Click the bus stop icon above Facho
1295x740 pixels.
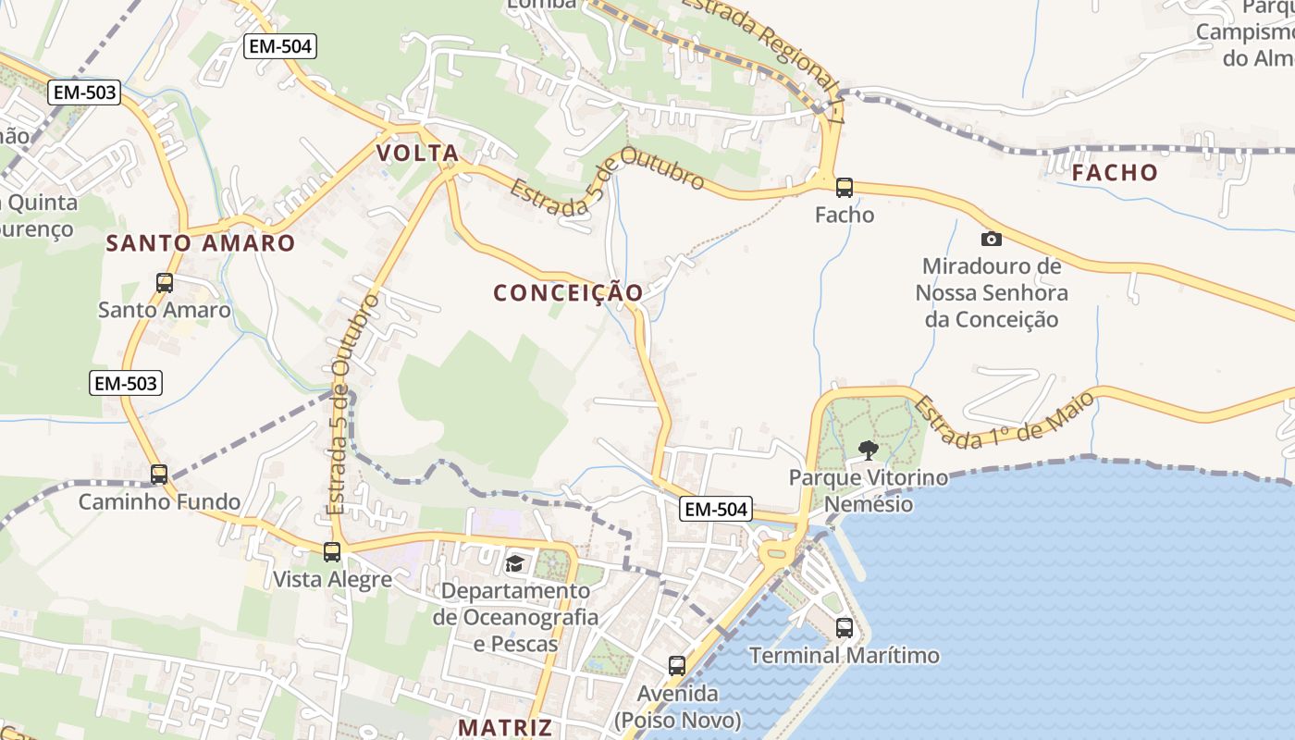pyautogui.click(x=844, y=188)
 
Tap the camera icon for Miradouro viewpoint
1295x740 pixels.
pyautogui.click(x=991, y=239)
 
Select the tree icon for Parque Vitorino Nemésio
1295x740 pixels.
pyautogui.click(x=868, y=450)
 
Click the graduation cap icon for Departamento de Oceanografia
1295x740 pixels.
pyautogui.click(x=514, y=562)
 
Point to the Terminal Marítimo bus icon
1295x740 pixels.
pyautogui.click(x=844, y=628)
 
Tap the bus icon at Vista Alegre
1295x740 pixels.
pyautogui.click(x=332, y=552)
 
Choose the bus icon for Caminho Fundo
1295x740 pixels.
pyautogui.click(x=159, y=475)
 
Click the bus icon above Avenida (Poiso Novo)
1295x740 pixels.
pyautogui.click(x=677, y=665)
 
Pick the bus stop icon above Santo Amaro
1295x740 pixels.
pyautogui.click(x=165, y=283)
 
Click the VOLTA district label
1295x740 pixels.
pyautogui.click(x=417, y=154)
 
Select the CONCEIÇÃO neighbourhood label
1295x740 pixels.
pyautogui.click(x=568, y=293)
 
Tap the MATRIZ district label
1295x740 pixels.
pyautogui.click(x=505, y=727)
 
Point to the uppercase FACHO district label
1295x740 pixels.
pyautogui.click(x=1115, y=173)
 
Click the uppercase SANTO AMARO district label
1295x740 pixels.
pyautogui.click(x=201, y=243)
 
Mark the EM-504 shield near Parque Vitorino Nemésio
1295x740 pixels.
pyautogui.click(x=716, y=509)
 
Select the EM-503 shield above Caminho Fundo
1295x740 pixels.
pyautogui.click(x=126, y=383)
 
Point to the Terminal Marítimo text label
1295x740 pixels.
pyautogui.click(x=844, y=656)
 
